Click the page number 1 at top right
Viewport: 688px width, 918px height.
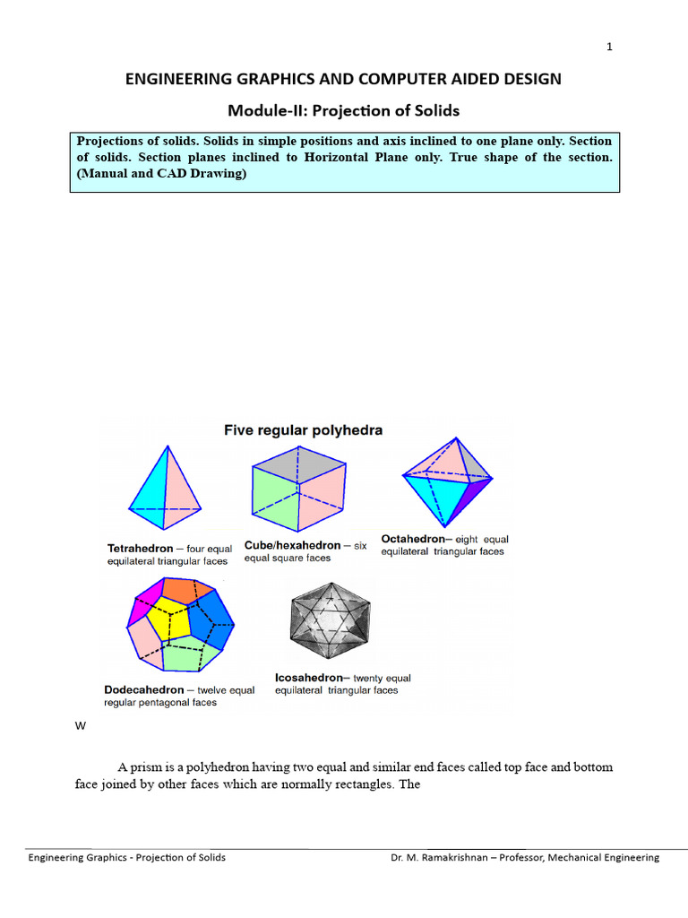click(609, 48)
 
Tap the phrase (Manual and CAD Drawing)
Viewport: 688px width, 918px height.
click(161, 174)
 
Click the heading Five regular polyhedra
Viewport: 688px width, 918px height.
click(303, 430)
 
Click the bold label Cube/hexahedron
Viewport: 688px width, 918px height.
click(292, 545)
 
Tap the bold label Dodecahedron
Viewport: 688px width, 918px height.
click(143, 690)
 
